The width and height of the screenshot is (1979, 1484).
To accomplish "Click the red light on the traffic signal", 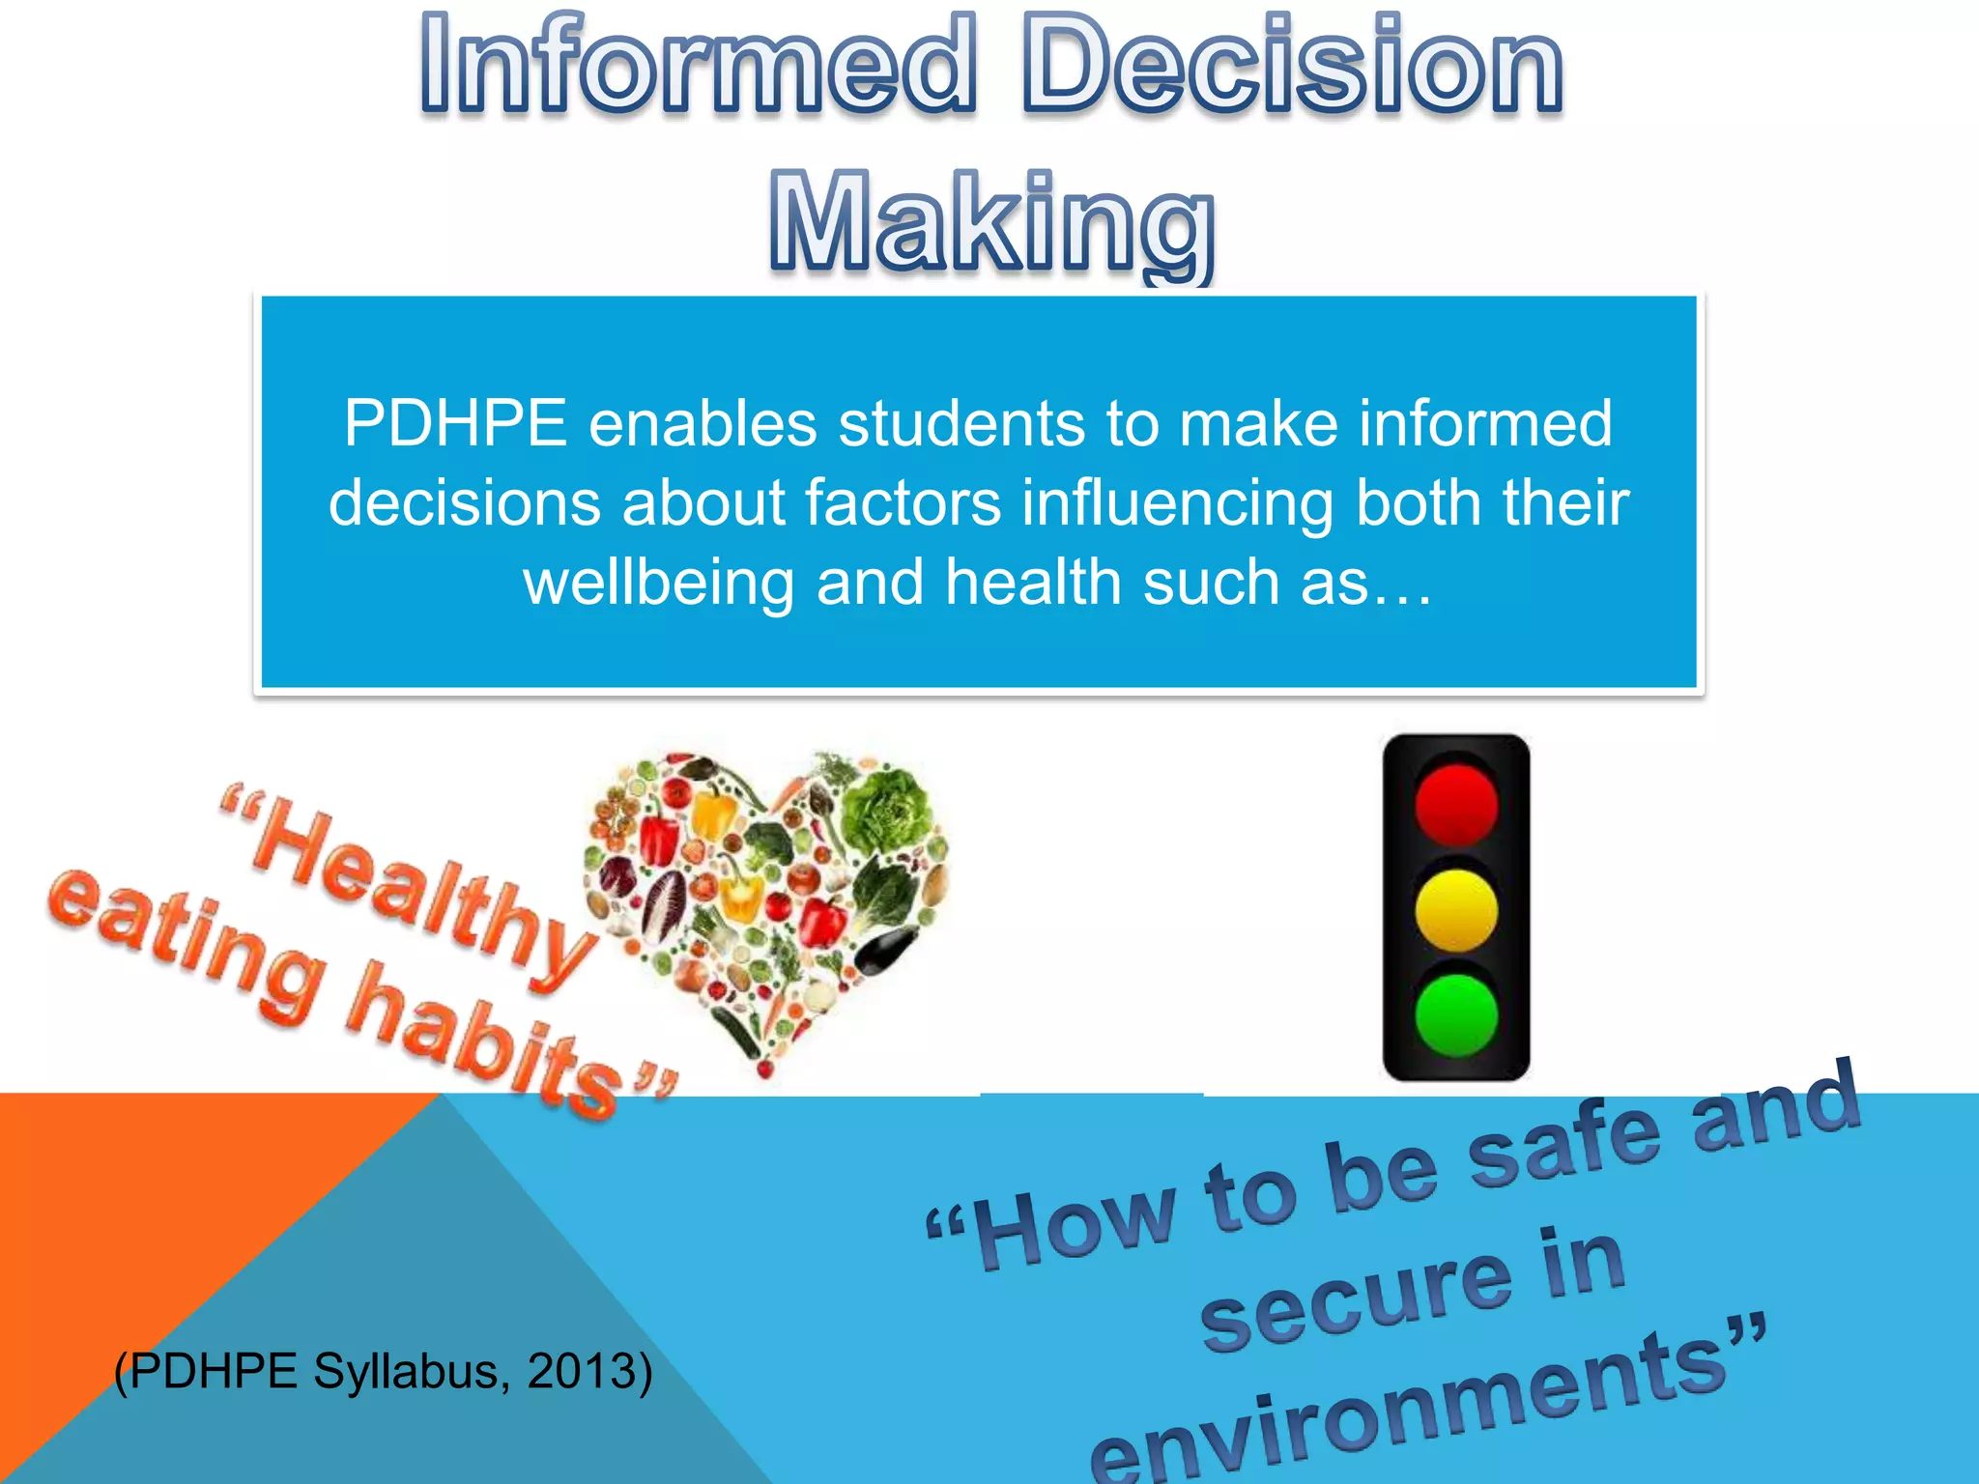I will tap(1456, 804).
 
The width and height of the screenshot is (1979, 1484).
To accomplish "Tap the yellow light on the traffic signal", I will tap(1456, 910).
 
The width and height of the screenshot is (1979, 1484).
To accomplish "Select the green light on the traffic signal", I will tap(1456, 1014).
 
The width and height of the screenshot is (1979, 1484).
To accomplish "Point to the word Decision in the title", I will tap(1292, 66).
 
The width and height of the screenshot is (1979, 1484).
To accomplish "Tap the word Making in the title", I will tap(991, 224).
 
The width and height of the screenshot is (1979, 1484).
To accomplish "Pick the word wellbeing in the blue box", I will tap(658, 583).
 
